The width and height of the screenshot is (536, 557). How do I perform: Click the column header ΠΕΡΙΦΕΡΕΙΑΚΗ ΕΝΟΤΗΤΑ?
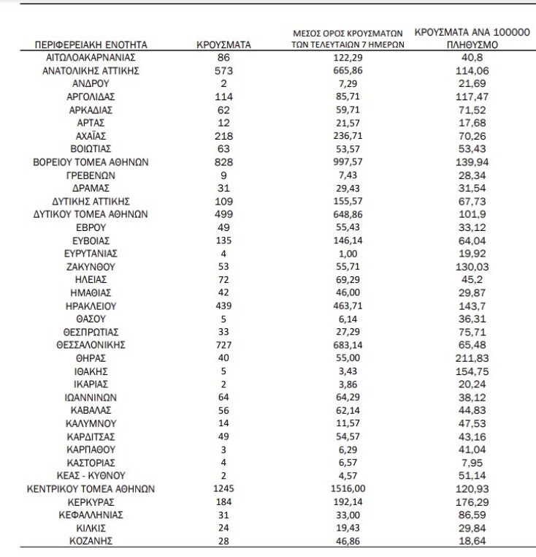(x=91, y=45)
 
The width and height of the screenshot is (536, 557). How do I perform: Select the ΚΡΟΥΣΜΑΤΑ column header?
(x=224, y=45)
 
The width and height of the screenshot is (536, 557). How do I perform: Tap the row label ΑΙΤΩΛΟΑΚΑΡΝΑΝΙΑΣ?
(x=91, y=57)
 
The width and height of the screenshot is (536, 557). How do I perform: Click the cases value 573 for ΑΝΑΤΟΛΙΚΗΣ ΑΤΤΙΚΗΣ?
(x=224, y=70)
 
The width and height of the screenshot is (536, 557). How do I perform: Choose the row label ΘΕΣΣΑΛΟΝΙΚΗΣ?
(x=91, y=345)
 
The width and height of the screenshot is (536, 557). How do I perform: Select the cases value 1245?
(x=224, y=488)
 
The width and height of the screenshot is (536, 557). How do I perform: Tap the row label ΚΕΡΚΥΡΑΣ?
(x=91, y=501)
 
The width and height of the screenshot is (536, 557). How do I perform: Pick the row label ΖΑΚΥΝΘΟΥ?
(x=91, y=267)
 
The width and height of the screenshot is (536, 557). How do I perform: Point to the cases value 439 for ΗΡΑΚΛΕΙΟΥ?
(x=224, y=306)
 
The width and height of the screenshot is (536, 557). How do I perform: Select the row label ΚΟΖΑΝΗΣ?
(x=91, y=541)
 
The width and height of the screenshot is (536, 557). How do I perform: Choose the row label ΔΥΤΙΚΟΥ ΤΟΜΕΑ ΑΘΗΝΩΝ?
(x=91, y=215)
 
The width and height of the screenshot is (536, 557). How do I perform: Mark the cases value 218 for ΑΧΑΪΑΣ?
(x=224, y=136)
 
